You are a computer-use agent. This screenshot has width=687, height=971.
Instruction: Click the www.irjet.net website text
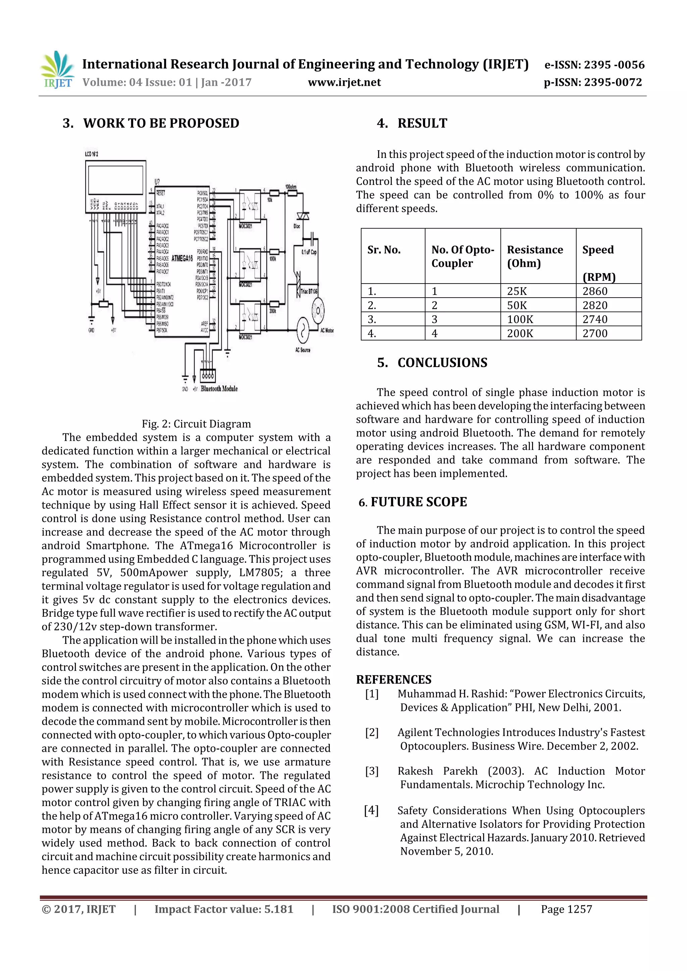[x=344, y=82]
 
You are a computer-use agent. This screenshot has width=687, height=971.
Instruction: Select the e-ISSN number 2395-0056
[x=594, y=65]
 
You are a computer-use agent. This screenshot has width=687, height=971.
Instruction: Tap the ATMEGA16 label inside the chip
[x=182, y=258]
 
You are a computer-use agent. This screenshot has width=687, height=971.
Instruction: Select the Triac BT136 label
[x=309, y=291]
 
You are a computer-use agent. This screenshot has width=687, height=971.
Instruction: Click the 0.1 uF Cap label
[x=309, y=252]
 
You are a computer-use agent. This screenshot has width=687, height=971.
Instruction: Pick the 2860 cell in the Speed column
[x=595, y=291]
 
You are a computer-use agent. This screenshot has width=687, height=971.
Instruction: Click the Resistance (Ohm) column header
[x=535, y=256]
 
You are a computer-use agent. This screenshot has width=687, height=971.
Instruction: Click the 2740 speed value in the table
[x=595, y=319]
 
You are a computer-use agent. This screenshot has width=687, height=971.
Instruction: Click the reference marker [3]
[x=372, y=771]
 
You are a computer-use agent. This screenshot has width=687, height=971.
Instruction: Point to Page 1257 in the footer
[x=566, y=909]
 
